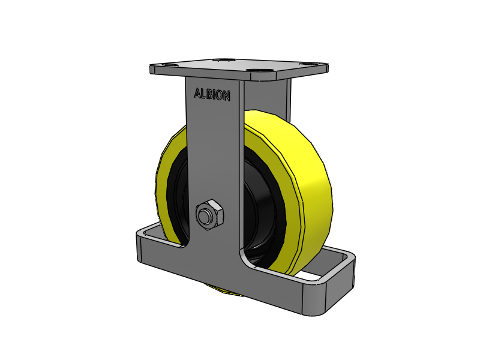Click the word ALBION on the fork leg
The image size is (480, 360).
click(212, 94)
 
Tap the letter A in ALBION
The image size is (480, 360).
click(198, 93)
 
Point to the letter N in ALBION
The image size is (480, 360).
click(226, 97)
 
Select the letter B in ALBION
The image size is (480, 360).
click(209, 94)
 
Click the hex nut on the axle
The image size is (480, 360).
click(210, 214)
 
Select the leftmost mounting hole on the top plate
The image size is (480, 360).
click(169, 65)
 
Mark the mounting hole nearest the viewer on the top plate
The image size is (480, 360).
click(256, 71)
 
